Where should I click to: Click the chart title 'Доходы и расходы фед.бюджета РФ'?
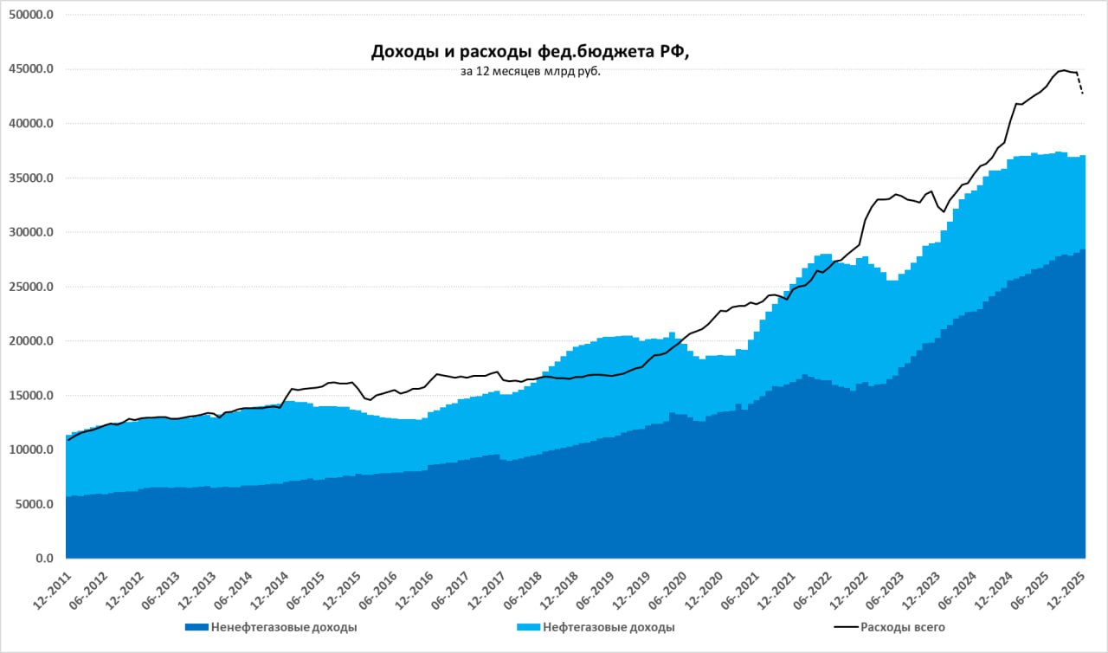tap(530, 52)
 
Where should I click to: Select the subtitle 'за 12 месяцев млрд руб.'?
tap(530, 72)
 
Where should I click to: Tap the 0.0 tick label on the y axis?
tap(44, 559)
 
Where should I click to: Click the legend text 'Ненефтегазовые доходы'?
tap(284, 627)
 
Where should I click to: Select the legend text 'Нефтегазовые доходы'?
tap(609, 627)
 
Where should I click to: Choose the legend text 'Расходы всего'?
tap(902, 627)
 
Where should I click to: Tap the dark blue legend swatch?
tap(196, 627)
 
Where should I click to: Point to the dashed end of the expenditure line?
tap(1080, 84)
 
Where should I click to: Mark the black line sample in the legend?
tap(844, 627)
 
